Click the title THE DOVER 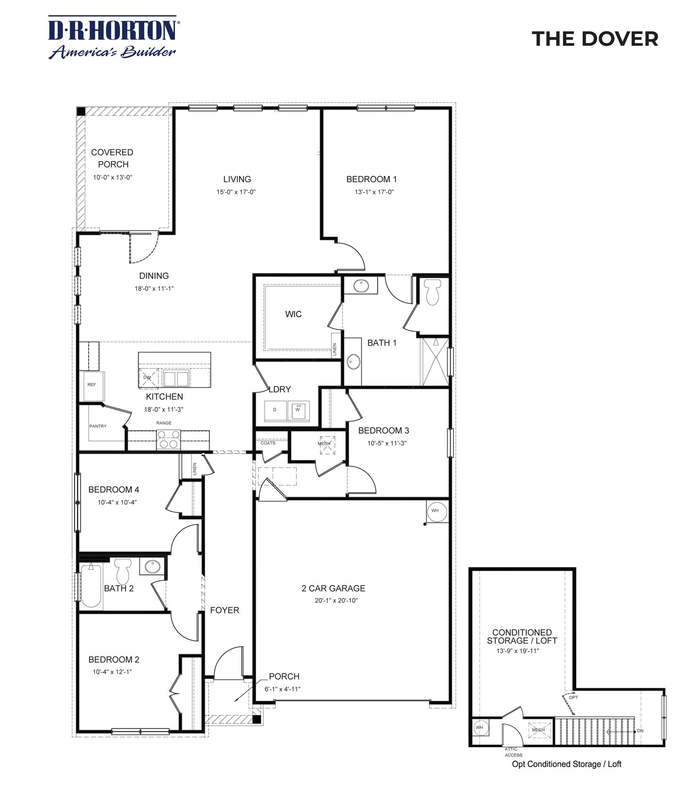[x=594, y=39]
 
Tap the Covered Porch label [x=112, y=158]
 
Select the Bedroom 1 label [x=371, y=179]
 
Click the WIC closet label [x=293, y=314]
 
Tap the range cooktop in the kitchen [x=168, y=439]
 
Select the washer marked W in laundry [x=299, y=410]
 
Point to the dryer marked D [x=275, y=410]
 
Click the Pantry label [x=98, y=426]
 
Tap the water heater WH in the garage [x=435, y=511]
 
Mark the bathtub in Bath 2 [x=91, y=585]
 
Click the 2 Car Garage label [x=333, y=588]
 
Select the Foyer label [x=225, y=610]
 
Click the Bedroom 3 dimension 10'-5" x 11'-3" [x=387, y=443]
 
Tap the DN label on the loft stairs [x=640, y=731]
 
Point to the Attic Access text [x=513, y=752]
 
